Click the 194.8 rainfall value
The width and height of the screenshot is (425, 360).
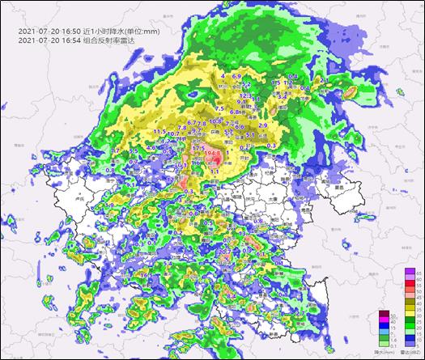[213, 153]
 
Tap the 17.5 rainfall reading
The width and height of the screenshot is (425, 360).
[198, 150]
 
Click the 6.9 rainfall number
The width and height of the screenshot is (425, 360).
[237, 76]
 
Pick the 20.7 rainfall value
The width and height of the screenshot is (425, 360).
[224, 252]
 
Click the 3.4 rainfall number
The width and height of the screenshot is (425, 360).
[283, 95]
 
